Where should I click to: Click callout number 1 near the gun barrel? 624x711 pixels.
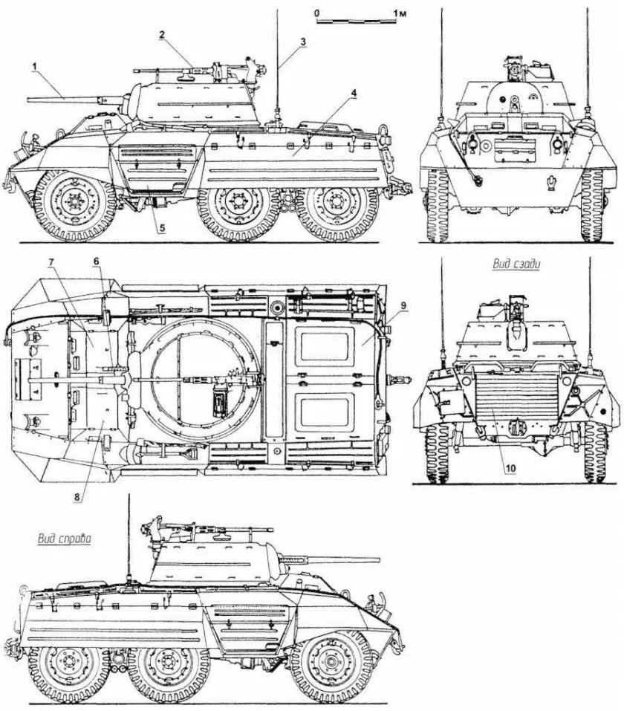click(34, 66)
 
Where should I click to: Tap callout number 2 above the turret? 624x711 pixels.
click(162, 35)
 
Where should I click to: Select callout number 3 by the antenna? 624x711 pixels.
click(303, 42)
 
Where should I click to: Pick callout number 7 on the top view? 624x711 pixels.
click(52, 262)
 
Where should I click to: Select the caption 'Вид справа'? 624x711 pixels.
click(62, 539)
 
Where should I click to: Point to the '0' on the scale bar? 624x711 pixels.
click(316, 13)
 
